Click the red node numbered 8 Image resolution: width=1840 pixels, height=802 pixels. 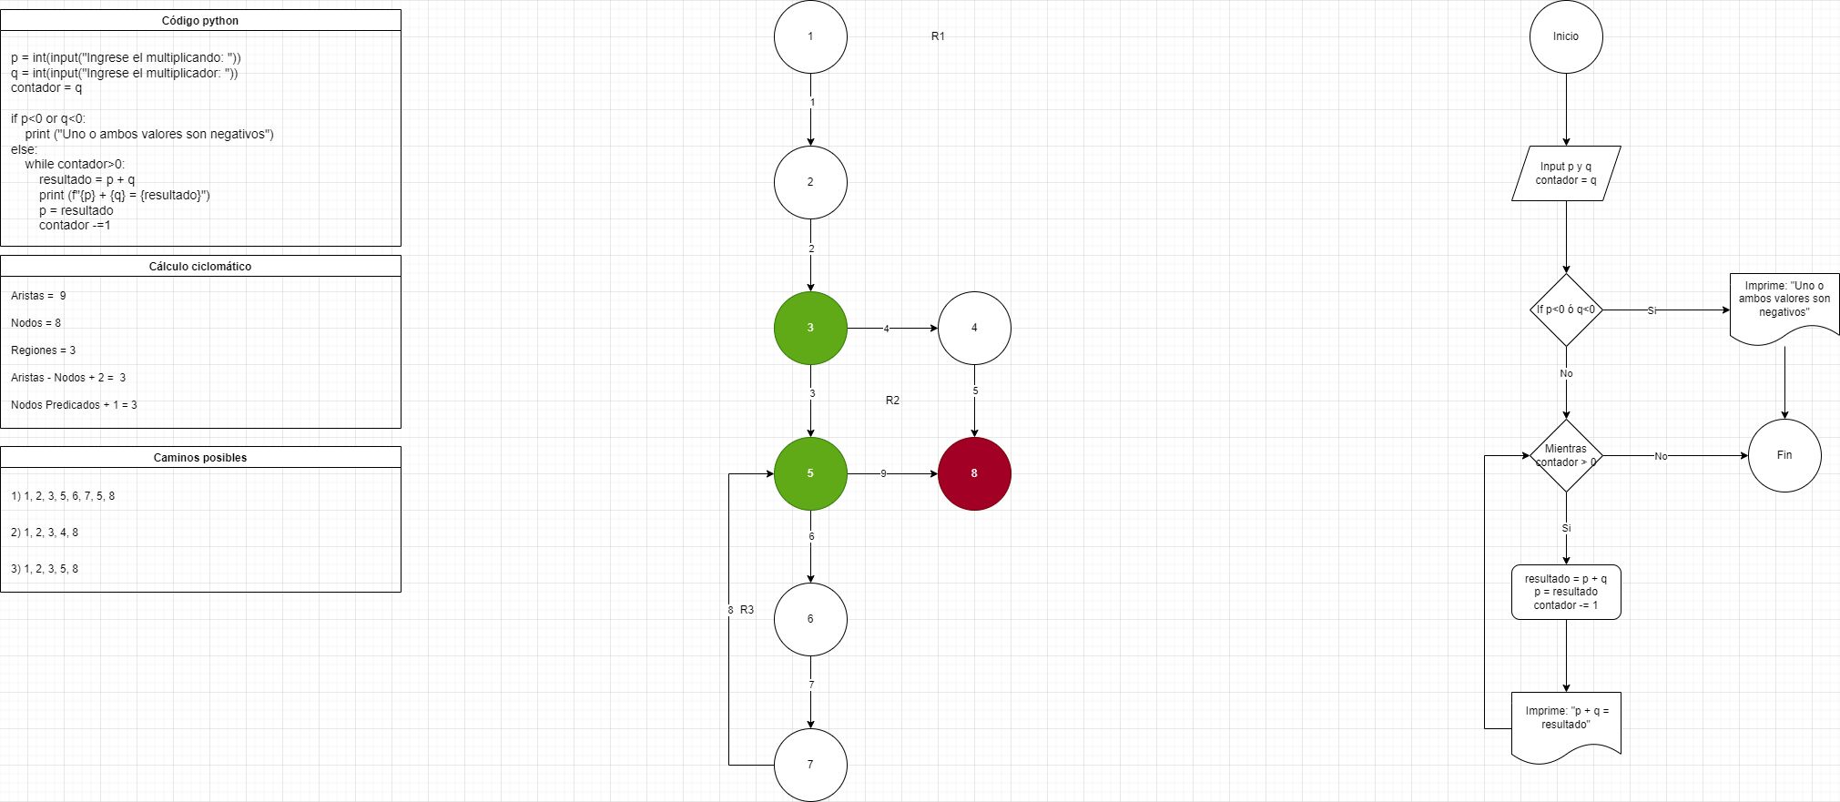point(974,473)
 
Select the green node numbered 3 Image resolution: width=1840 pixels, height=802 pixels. point(810,328)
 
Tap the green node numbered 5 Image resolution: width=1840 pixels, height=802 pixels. point(810,473)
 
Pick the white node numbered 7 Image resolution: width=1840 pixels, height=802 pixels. point(810,765)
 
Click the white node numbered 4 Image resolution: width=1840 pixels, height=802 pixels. point(974,328)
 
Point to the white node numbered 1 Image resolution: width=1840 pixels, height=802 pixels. point(810,36)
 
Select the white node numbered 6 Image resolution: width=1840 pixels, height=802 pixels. point(810,619)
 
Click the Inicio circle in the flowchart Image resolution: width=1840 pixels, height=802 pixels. point(1566,36)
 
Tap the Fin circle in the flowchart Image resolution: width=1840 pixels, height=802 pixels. point(1784,455)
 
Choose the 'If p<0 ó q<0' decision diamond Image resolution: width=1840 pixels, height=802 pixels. point(1566,310)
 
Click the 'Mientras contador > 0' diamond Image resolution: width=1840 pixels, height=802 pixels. point(1566,455)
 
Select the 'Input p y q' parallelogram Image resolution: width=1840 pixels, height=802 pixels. point(1566,173)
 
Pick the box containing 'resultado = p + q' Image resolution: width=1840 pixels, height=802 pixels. point(1566,592)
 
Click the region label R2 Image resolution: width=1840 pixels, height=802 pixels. point(892,401)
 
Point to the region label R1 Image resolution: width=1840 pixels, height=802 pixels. point(938,36)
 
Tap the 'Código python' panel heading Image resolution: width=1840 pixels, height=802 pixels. point(200,21)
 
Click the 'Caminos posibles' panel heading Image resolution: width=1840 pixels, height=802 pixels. point(200,458)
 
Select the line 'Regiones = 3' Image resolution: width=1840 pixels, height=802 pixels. point(44,350)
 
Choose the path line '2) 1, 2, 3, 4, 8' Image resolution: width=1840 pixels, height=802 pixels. point(45,533)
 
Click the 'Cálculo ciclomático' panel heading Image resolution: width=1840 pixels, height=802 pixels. point(200,267)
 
